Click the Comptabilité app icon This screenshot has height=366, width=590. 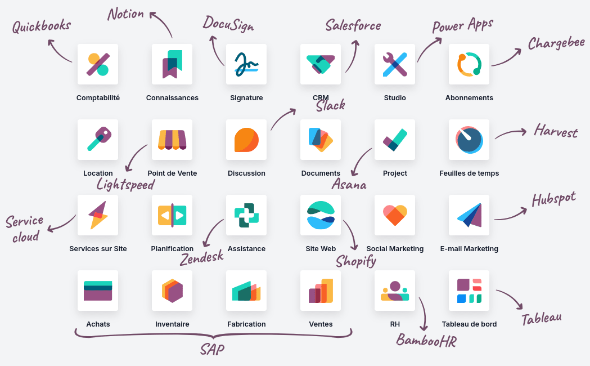pos(98,64)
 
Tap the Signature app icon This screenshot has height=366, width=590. pos(246,64)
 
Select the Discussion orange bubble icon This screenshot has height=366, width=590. pos(246,140)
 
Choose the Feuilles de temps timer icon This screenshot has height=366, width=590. pos(469,140)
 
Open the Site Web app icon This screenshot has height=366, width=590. pos(321,215)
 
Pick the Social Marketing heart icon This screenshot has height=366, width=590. pos(395,215)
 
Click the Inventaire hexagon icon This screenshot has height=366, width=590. pos(172,291)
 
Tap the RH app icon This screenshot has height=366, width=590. pos(395,291)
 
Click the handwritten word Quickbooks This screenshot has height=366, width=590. pos(42,26)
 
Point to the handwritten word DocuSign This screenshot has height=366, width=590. pos(228,24)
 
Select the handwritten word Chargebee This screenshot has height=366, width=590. pos(556,43)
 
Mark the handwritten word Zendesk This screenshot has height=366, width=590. pos(202,258)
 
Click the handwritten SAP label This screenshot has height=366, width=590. pos(212,350)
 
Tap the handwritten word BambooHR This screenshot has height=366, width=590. pos(426,341)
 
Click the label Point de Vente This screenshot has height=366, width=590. pos(172,173)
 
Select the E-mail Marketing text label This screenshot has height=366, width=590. pos(469,248)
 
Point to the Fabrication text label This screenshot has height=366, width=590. pos(246,324)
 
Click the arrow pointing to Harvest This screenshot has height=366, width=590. pos(511,133)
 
